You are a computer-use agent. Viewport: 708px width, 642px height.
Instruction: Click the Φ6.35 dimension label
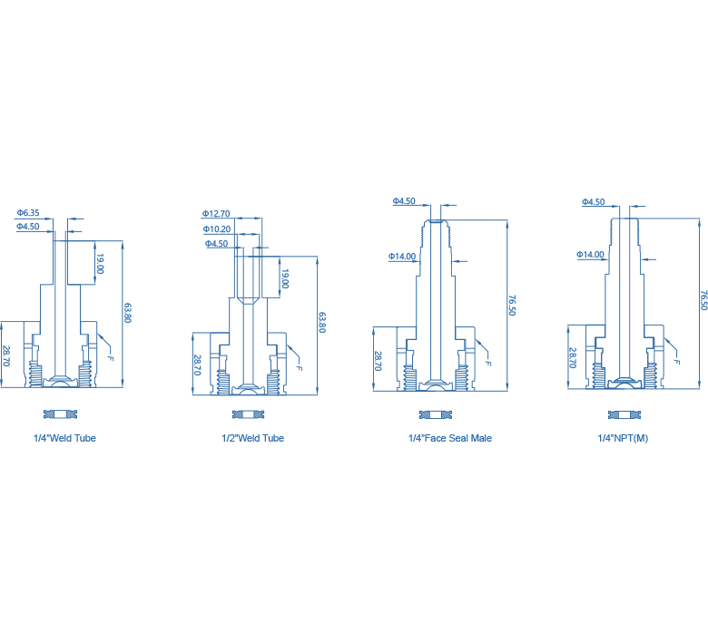[x=28, y=212]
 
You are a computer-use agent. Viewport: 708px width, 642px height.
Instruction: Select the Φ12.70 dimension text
[x=216, y=213]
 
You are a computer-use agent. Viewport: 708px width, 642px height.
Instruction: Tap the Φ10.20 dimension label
[x=217, y=229]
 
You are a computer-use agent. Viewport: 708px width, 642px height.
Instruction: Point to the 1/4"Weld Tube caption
[x=64, y=438]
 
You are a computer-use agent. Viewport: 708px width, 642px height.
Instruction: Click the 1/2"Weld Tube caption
[x=253, y=438]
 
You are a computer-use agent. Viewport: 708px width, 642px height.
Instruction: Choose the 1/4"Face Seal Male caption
[x=450, y=438]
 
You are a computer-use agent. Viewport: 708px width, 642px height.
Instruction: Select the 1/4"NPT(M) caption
[x=623, y=438]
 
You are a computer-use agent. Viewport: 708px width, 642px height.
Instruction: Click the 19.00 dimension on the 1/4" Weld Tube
[x=100, y=264]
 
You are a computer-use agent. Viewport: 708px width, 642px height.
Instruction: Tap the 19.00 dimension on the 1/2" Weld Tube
[x=285, y=278]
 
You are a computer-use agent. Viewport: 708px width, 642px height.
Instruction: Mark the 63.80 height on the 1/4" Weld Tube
[x=128, y=313]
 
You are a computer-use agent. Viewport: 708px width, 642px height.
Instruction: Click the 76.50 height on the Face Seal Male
[x=512, y=306]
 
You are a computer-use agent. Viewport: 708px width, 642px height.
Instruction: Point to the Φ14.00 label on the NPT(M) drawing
[x=590, y=255]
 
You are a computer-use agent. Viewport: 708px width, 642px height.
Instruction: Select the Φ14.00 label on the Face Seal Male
[x=402, y=257]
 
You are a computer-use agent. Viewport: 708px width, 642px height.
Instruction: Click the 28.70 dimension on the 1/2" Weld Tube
[x=197, y=365]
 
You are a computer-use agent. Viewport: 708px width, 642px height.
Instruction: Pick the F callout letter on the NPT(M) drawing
[x=676, y=361]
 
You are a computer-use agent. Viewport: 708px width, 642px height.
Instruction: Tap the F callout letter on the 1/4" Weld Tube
[x=111, y=358]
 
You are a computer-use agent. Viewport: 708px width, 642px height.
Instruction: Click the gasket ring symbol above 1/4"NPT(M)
[x=624, y=415]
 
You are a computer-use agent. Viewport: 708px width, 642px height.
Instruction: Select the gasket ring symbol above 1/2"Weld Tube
[x=249, y=414]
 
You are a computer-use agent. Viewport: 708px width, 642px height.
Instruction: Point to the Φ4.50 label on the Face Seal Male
[x=404, y=201]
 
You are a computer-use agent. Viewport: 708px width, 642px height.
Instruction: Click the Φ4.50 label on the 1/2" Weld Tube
[x=216, y=244]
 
